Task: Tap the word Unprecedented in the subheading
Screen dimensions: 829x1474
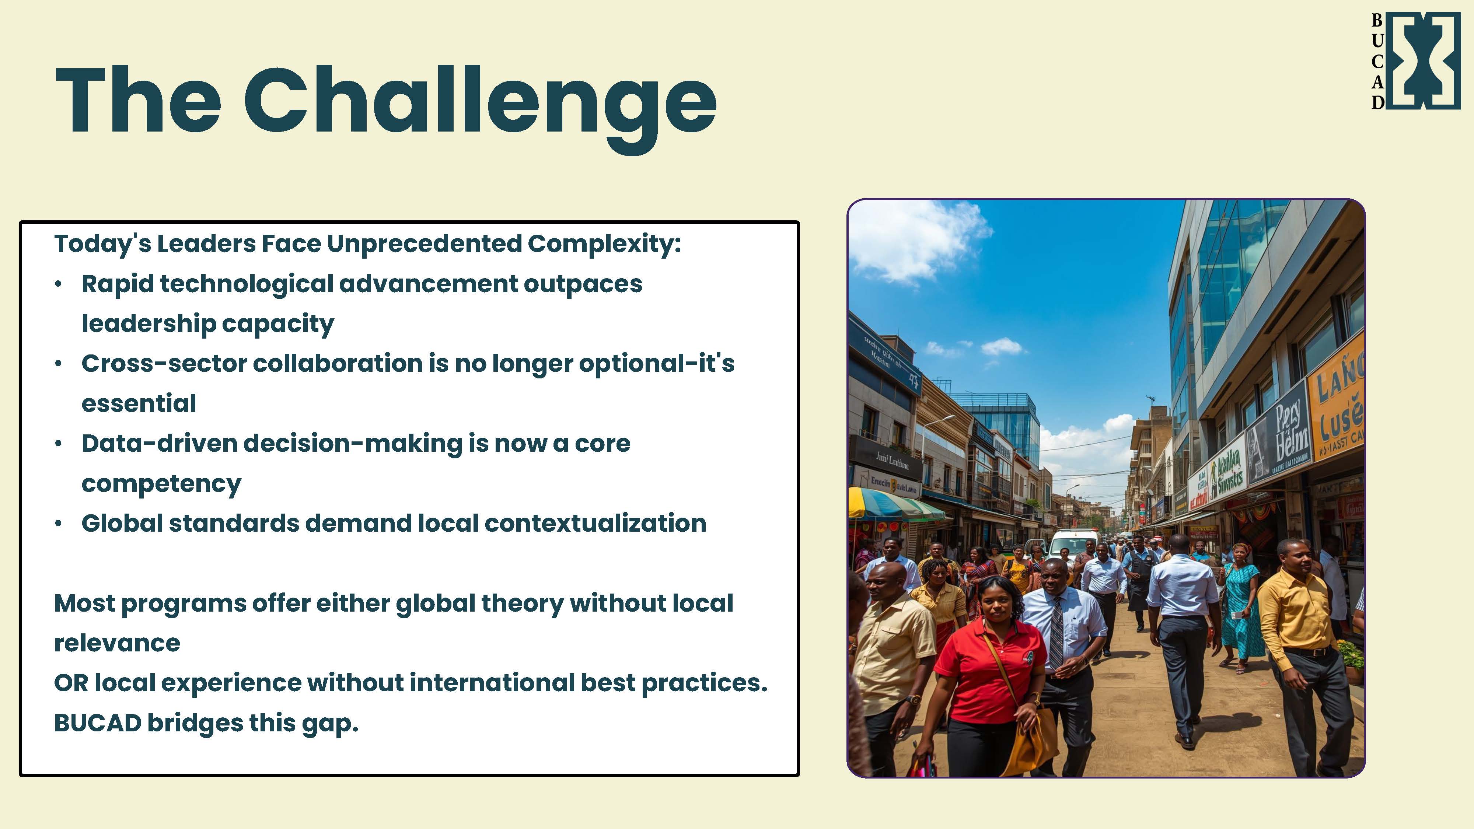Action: click(423, 244)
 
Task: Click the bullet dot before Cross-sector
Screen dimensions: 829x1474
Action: click(58, 364)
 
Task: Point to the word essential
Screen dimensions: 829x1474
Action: click(139, 403)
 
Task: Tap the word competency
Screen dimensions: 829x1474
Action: click(161, 483)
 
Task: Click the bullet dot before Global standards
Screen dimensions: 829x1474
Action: click(58, 524)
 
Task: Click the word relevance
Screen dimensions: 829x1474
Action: click(117, 643)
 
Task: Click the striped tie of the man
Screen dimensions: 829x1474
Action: click(1056, 629)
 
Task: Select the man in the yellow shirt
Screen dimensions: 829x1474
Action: click(1299, 624)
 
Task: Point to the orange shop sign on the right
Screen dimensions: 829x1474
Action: click(1336, 406)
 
